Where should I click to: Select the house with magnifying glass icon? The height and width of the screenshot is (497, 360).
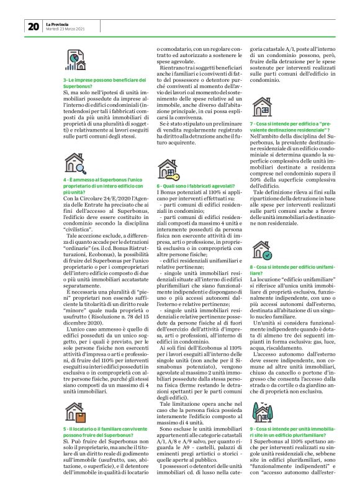click(75, 163)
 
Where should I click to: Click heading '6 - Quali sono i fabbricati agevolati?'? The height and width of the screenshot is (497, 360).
click(191, 186)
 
